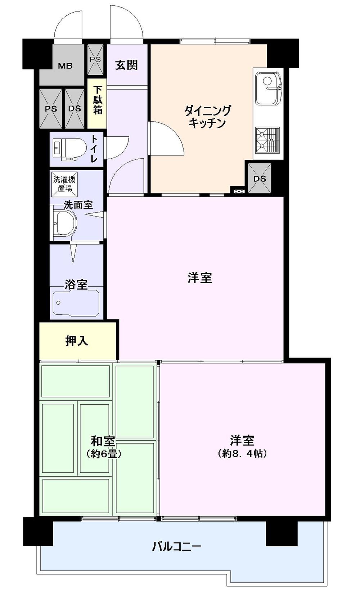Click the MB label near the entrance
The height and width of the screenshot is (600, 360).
pyautogui.click(x=65, y=66)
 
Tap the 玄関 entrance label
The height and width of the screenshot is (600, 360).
pyautogui.click(x=126, y=65)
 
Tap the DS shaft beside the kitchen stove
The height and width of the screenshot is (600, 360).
pyautogui.click(x=260, y=178)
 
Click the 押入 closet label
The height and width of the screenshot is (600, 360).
pyautogui.click(x=77, y=341)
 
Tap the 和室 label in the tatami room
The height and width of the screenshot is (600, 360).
pyautogui.click(x=103, y=441)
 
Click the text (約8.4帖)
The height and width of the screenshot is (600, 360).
pyautogui.click(x=242, y=454)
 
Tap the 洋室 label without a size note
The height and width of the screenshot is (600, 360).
pyautogui.click(x=199, y=278)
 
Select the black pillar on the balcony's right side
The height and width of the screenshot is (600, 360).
pyautogui.click(x=282, y=533)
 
